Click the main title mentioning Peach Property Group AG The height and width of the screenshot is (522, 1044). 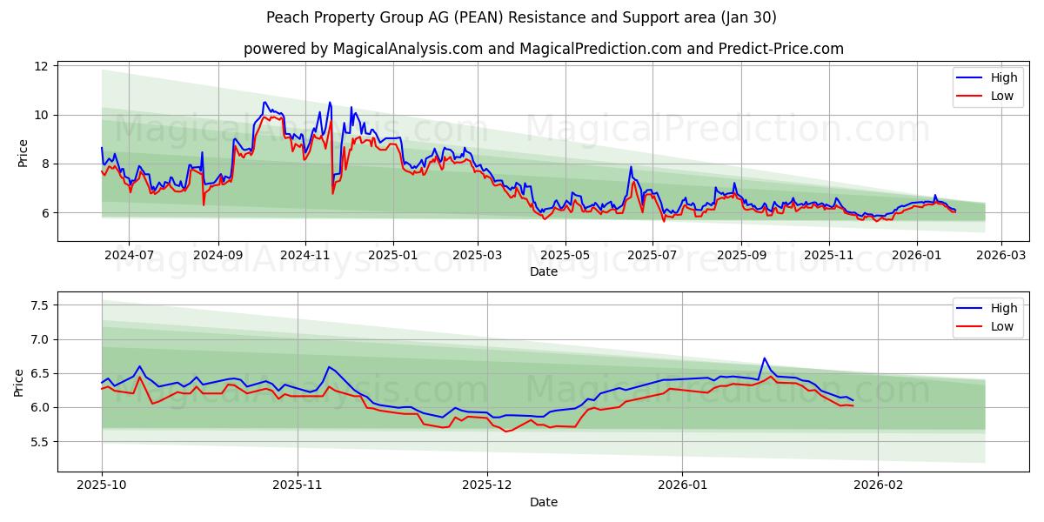522,17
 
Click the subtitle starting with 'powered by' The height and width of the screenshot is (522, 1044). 543,49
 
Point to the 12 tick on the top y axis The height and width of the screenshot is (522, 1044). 41,66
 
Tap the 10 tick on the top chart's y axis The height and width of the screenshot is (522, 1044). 41,115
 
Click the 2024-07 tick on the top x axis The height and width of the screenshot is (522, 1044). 129,256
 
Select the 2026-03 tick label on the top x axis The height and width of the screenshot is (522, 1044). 1000,256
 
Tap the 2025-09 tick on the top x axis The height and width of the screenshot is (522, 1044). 741,256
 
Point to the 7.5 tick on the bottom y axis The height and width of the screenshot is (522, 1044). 38,305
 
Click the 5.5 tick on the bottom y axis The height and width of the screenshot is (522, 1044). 38,442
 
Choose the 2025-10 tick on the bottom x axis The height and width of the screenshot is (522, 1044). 102,486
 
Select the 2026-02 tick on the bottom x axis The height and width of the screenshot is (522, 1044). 879,486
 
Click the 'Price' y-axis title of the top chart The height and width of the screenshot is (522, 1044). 23,152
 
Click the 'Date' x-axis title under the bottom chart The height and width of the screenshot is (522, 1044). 543,502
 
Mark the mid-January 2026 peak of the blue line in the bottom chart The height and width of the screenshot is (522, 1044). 764,358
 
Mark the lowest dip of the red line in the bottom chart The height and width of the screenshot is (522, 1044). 507,432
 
